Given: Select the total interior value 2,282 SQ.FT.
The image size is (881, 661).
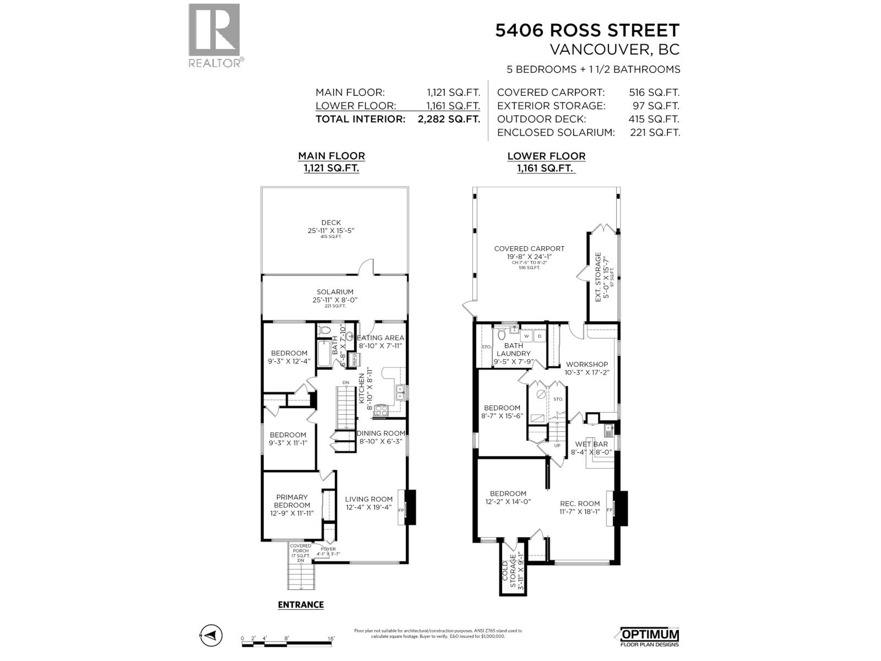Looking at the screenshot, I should [449, 118].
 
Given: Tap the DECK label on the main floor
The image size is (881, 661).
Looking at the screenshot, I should [331, 223].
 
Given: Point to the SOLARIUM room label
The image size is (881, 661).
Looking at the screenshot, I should [335, 292].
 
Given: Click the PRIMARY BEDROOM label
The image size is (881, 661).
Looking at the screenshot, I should [292, 501].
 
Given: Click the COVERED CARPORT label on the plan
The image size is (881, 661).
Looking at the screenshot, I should [529, 248].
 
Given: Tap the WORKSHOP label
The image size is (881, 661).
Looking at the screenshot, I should [586, 364].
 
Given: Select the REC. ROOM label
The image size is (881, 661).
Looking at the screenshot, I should [580, 503].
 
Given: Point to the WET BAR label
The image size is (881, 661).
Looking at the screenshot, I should [591, 444].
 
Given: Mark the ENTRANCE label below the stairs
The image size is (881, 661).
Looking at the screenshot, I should [301, 605].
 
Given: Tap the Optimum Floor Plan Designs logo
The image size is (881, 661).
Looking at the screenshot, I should [649, 637].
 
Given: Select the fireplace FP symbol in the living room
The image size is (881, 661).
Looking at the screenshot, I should [401, 510].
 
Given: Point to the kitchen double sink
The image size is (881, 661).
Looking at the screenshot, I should [399, 392].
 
